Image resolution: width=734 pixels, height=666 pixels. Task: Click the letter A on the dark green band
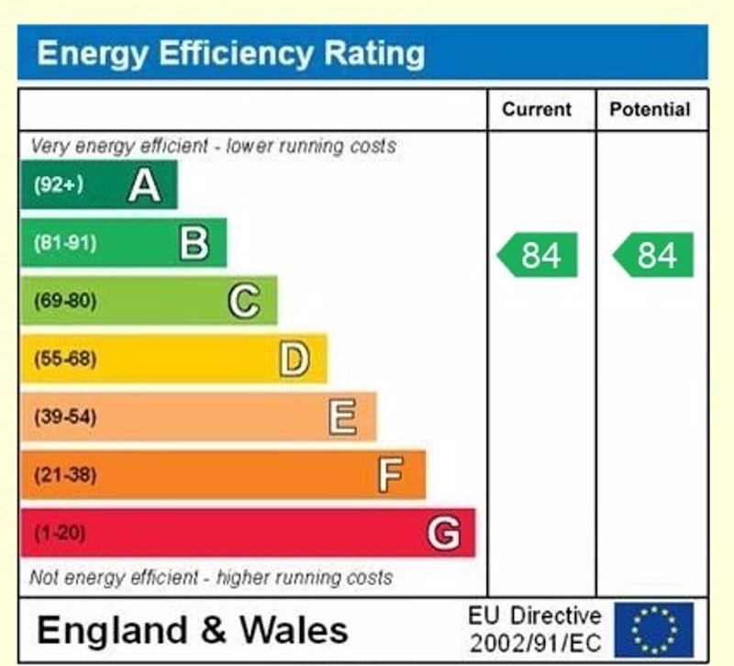click(145, 185)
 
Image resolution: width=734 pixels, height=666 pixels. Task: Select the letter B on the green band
click(194, 243)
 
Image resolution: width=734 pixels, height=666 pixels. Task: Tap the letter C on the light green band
click(243, 301)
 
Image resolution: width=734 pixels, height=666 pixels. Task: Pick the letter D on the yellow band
click(294, 359)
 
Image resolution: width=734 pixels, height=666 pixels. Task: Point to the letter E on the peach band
click(342, 417)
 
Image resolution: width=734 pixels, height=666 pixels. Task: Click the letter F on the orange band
click(391, 475)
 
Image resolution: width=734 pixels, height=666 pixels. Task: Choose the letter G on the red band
click(443, 533)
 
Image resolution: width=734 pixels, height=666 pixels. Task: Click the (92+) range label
click(59, 185)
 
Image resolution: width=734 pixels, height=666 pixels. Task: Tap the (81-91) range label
click(65, 243)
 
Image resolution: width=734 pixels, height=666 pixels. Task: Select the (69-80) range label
click(65, 301)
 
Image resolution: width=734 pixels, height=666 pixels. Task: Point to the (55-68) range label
click(65, 359)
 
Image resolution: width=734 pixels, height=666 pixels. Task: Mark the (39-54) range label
click(65, 417)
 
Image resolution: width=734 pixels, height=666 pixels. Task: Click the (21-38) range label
click(65, 475)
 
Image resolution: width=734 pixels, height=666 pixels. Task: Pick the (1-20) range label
click(60, 533)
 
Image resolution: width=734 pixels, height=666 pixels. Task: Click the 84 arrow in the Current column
click(539, 255)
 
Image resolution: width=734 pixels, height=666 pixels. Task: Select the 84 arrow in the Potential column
click(654, 255)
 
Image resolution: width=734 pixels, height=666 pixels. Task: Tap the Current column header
click(537, 110)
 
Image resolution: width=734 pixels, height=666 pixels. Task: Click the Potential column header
click(650, 110)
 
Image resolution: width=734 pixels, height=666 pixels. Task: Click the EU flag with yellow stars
click(654, 628)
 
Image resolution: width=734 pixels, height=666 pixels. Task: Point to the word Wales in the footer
click(295, 630)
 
